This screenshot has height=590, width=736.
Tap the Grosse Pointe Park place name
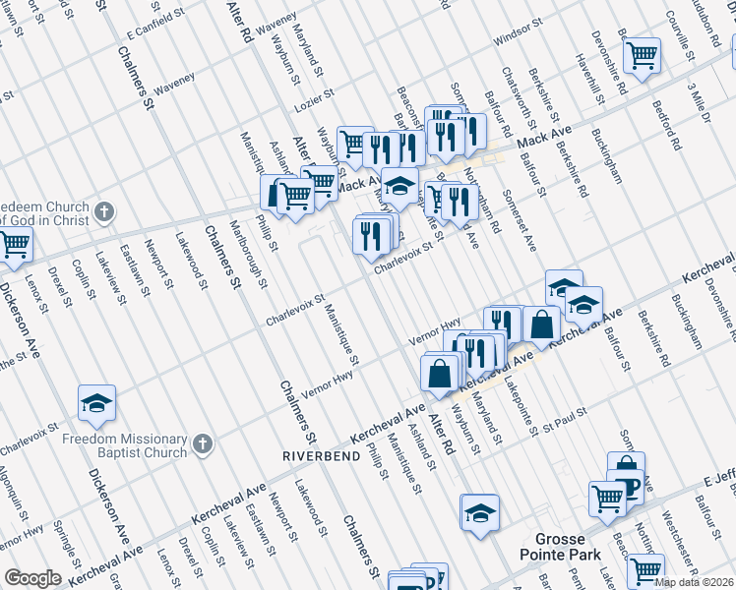pyautogui.click(x=561, y=548)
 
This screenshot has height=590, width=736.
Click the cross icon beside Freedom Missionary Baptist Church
pyautogui.click(x=201, y=443)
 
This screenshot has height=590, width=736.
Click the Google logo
pyautogui.click(x=32, y=578)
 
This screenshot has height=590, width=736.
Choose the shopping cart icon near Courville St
pyautogui.click(x=642, y=55)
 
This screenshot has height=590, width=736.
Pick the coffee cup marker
pyautogui.click(x=625, y=485)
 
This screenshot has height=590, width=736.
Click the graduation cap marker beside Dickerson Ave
pyautogui.click(x=97, y=403)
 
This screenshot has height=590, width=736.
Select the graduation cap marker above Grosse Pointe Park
pyautogui.click(x=479, y=512)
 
